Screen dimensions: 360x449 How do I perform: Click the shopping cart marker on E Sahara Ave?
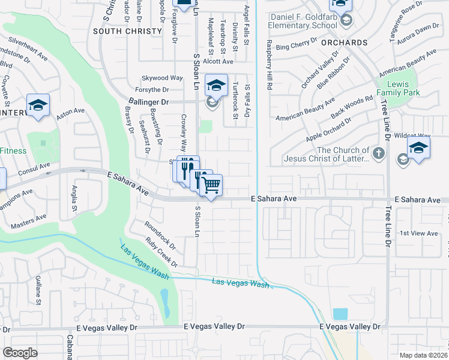(211, 185)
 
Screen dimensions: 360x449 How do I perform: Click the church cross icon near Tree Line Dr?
(378, 154)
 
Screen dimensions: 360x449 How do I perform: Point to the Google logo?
(20, 353)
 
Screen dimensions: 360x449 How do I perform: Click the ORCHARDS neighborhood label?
(344, 43)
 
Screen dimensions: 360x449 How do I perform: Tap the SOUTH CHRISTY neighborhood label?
(127, 30)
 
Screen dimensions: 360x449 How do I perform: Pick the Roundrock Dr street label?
(160, 235)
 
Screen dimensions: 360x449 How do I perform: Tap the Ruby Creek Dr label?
(162, 253)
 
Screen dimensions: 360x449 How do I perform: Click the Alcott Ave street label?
(218, 61)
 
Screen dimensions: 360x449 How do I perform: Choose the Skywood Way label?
(162, 78)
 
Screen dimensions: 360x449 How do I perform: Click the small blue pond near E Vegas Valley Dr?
(340, 313)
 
